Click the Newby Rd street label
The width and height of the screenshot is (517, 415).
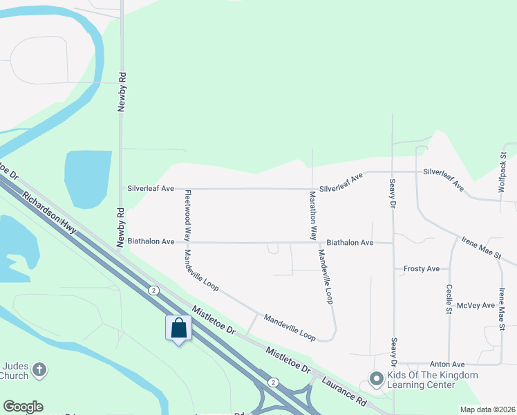122,90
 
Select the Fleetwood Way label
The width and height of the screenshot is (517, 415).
187,216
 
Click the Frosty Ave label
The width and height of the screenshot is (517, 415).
421,268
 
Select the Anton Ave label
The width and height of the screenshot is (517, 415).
449,364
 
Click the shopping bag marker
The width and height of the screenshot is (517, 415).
178,328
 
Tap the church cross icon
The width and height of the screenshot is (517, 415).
39,370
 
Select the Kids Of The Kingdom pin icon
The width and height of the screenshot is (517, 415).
376,379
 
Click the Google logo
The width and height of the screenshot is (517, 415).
23,406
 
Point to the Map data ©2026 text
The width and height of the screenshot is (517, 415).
487,409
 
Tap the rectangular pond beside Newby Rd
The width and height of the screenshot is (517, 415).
88,178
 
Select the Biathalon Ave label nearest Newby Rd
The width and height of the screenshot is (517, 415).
151,241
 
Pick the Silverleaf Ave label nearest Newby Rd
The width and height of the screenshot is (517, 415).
150,188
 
